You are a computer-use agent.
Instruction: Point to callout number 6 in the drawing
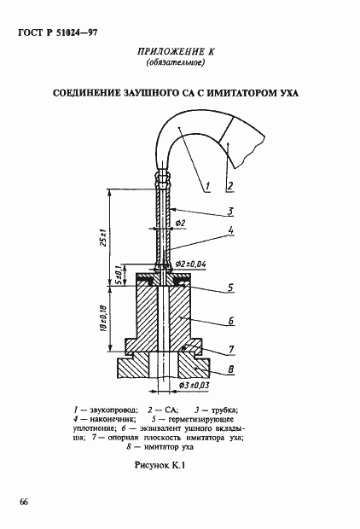pos(231,321)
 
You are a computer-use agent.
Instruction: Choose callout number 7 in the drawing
pos(231,350)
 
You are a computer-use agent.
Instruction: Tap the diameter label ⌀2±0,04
pos(191,264)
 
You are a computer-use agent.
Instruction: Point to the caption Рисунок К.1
pos(160,466)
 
